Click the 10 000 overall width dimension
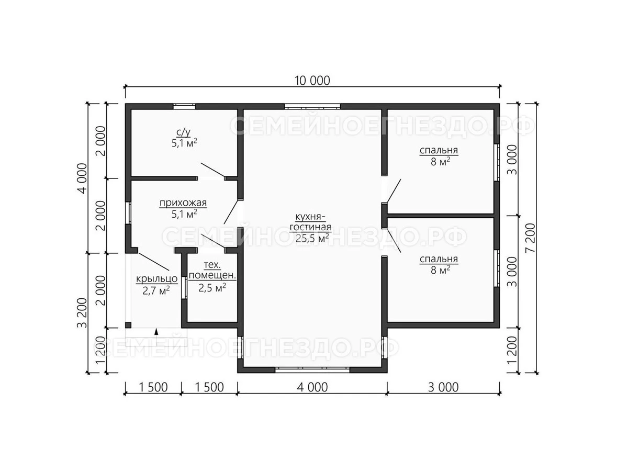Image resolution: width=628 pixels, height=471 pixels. click(312, 81)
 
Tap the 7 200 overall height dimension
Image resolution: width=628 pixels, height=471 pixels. click(530, 238)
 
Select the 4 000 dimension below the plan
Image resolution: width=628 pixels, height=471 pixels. click(312, 387)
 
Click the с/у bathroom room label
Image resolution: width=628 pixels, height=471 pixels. click(183, 132)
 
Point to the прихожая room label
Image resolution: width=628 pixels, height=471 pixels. click(183, 203)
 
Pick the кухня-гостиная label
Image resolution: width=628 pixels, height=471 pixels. click(310, 222)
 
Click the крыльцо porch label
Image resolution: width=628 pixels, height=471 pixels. click(156, 278)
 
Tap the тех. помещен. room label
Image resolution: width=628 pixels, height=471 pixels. click(212, 270)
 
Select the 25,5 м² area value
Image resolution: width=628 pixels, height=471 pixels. click(312, 238)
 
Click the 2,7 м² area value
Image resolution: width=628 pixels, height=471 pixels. click(156, 290)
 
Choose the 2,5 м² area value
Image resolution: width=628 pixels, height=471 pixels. click(212, 288)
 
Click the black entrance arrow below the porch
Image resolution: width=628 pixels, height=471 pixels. click(156, 332)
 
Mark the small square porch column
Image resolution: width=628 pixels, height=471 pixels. click(128, 325)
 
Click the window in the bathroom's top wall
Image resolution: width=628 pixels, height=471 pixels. click(184, 107)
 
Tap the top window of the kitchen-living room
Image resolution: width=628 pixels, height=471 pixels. click(312, 107)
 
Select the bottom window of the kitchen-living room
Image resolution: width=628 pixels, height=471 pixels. click(312, 370)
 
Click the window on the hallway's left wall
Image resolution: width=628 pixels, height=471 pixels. click(128, 213)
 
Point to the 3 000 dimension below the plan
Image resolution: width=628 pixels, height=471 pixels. click(443, 387)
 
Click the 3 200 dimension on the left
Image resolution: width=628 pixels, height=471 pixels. click(82, 313)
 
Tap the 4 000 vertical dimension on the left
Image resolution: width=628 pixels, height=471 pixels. click(82, 178)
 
